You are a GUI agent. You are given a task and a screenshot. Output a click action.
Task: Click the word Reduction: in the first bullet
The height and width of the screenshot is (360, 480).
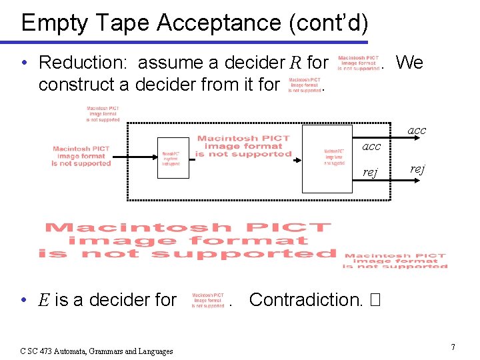coord(85,63)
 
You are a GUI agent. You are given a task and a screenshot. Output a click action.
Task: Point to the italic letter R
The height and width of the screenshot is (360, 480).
coord(297,63)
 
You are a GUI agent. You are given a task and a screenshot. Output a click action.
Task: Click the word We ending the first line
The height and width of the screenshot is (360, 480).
coord(409,63)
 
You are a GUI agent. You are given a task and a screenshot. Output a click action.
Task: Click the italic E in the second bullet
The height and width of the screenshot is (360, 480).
coord(44,300)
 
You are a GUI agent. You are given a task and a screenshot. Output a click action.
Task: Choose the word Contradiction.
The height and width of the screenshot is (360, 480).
coord(305,300)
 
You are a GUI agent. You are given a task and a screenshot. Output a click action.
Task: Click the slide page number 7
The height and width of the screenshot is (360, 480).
coord(453,347)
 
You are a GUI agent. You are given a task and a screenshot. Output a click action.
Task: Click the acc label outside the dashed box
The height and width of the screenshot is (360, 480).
coord(417,131)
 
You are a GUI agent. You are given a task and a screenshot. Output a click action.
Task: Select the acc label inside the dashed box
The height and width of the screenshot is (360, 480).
coord(371,147)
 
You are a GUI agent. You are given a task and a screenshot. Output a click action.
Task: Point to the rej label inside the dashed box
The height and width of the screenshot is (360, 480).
coord(370,173)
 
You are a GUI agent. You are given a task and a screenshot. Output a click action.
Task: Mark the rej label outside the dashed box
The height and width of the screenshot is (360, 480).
coord(417,169)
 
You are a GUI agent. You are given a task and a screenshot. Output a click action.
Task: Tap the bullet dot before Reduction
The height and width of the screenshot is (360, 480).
coord(24,63)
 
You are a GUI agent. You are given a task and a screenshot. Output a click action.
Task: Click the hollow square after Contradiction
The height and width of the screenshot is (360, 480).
coord(374,300)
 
